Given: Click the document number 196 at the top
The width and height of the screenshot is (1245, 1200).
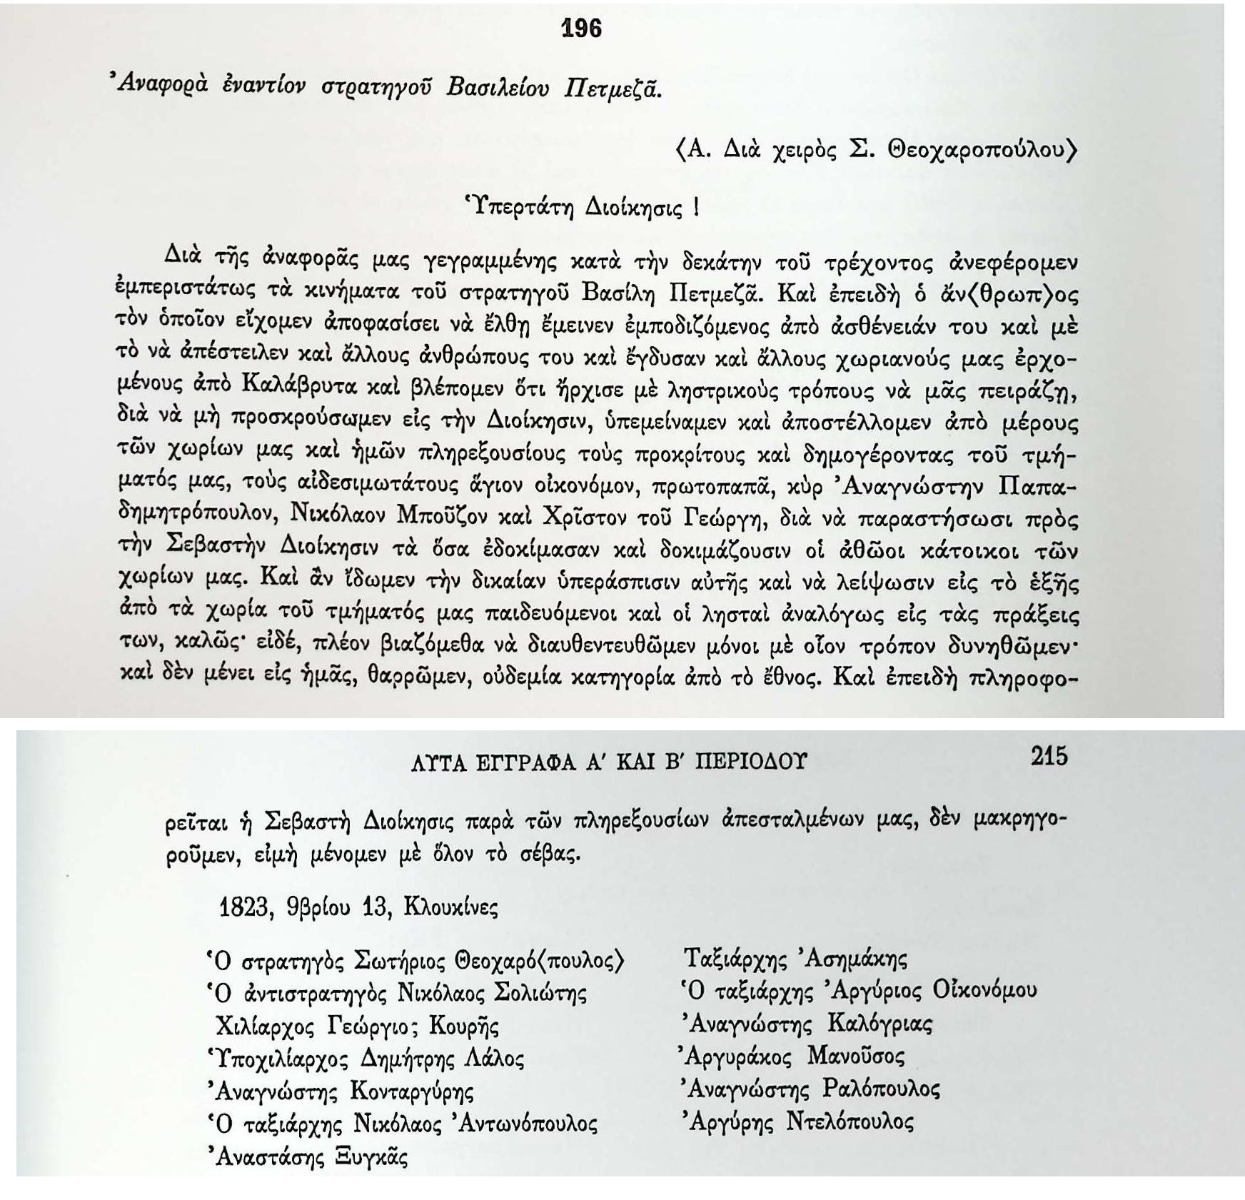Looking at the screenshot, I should [x=582, y=29].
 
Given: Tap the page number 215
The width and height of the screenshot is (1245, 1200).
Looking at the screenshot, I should [x=1049, y=756].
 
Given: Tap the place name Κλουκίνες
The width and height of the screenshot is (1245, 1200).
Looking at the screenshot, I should [x=450, y=907].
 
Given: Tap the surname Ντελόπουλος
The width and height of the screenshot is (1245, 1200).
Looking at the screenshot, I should [x=849, y=1121].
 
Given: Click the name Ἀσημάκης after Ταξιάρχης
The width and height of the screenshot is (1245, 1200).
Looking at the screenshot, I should [x=856, y=958].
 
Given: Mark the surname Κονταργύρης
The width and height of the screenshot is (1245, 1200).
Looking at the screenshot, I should [x=412, y=1091].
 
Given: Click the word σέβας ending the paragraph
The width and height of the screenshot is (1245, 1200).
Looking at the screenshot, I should [x=547, y=854].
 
